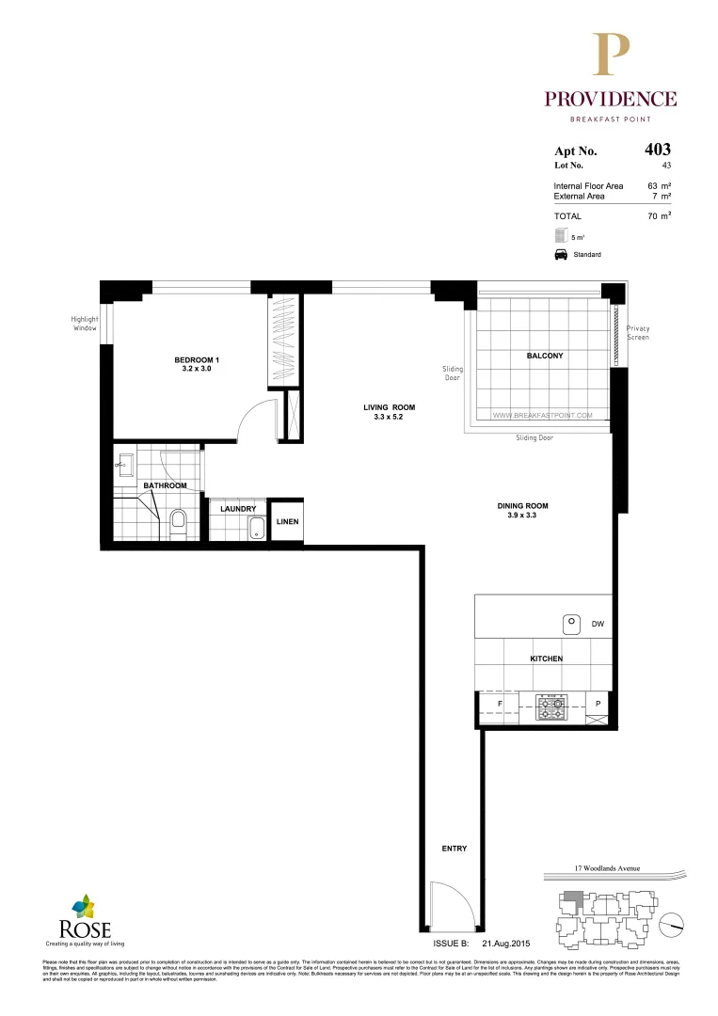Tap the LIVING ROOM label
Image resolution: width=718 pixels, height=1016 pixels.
389,412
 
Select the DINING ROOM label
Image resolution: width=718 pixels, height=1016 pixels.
522,511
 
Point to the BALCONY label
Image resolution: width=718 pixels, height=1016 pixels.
544,356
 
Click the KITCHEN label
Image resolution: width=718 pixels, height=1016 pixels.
546,659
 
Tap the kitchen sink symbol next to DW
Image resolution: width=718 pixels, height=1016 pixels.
571,623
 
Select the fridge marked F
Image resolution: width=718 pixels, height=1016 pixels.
499,703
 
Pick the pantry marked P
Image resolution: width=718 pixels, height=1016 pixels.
598,703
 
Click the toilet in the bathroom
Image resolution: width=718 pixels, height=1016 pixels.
178,521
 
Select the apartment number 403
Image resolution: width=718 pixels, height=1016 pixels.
657,149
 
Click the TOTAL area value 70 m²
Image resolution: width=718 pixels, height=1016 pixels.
659,216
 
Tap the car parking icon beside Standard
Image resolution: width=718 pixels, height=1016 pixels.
559,255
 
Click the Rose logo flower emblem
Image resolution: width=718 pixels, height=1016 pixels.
85,906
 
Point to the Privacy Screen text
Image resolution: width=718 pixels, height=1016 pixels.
638,333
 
